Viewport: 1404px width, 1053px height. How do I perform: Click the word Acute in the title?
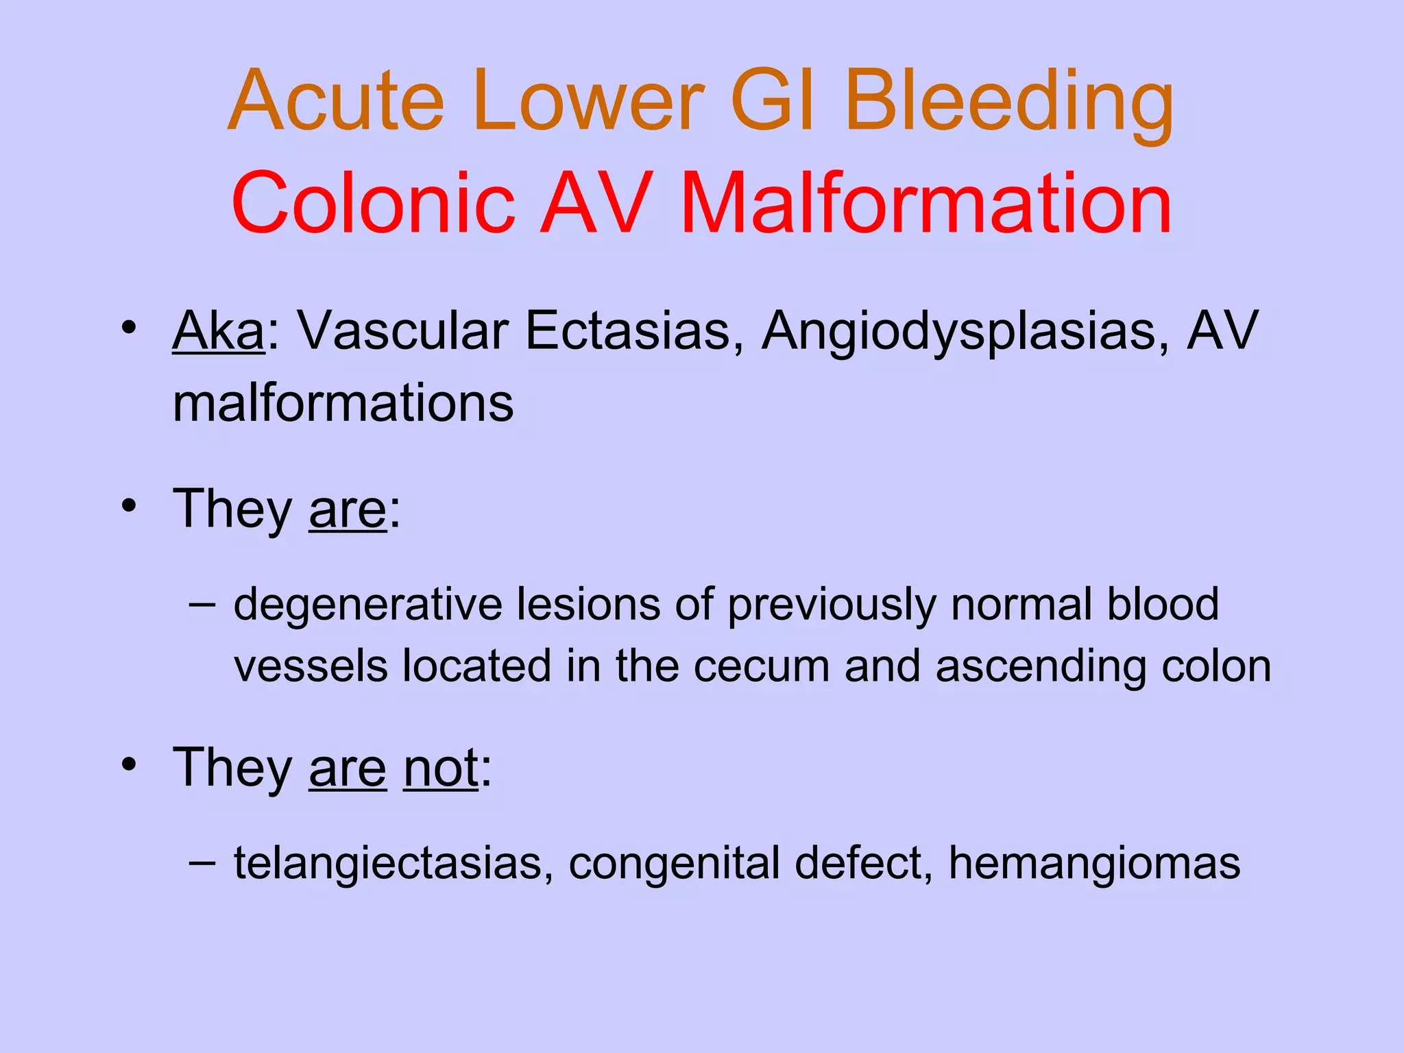[336, 101]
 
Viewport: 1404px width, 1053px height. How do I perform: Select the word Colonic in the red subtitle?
[373, 204]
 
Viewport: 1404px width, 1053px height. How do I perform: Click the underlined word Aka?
[218, 331]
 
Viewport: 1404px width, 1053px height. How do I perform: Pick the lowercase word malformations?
[343, 403]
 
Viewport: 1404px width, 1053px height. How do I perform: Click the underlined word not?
[441, 768]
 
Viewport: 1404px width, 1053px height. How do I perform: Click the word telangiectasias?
[394, 864]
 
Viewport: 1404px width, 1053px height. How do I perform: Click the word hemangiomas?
[1094, 864]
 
